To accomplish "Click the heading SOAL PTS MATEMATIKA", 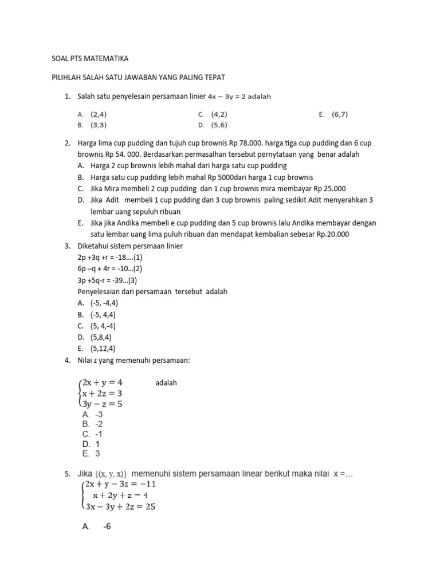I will click(x=87, y=58).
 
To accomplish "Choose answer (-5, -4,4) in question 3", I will click(x=104, y=303).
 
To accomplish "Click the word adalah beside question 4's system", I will click(x=166, y=383).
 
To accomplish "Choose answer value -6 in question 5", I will click(x=107, y=527).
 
